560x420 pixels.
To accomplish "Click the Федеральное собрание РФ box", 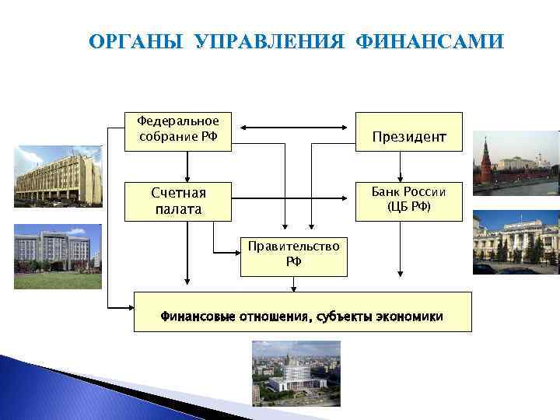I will [178, 131].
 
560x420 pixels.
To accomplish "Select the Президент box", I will [408, 137].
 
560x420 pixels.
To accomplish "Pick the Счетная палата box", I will [178, 201].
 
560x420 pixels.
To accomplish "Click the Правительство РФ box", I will [293, 254].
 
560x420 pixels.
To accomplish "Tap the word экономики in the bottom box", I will [409, 317].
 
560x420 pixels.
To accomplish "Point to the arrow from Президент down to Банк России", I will [400, 166].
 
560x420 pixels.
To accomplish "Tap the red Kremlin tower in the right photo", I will [485, 159].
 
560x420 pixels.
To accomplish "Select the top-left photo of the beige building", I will [58, 177].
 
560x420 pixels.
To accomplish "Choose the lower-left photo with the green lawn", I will [58, 257].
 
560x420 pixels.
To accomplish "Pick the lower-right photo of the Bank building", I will [516, 243].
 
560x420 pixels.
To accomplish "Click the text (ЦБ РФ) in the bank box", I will [408, 207].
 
